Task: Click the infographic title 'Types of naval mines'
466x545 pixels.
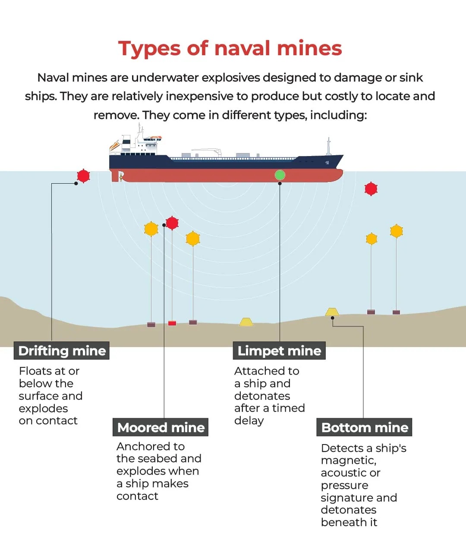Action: pos(230,49)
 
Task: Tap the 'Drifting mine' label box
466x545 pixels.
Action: pos(61,351)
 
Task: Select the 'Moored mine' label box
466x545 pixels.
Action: pos(161,427)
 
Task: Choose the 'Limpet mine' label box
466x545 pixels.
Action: pos(279,351)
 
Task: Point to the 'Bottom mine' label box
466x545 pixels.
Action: pos(364,427)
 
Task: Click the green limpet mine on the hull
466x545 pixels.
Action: pos(280,175)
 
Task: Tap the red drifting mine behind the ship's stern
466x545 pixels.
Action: pos(83,176)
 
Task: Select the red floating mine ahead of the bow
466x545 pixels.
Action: pos(371,189)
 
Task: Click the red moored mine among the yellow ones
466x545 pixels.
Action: pos(172,223)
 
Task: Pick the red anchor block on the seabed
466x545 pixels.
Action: pos(172,323)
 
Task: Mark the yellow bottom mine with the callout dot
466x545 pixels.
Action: pos(332,312)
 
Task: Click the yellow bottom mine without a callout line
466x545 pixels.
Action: pos(246,322)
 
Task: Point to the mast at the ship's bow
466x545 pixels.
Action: pos(328,146)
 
